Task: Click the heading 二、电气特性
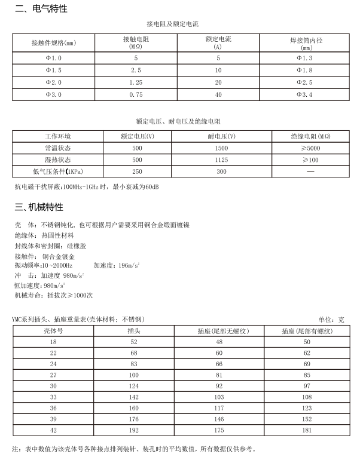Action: (x=41, y=10)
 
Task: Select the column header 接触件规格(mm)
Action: (x=54, y=43)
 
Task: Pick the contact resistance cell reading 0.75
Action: (x=135, y=94)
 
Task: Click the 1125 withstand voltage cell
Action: (x=221, y=160)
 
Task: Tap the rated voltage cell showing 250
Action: (x=138, y=171)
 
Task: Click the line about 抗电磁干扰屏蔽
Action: (x=87, y=186)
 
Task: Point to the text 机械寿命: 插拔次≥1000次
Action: (x=53, y=295)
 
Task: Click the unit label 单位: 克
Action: (x=331, y=320)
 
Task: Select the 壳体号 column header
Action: (x=53, y=330)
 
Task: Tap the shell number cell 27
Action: (x=53, y=375)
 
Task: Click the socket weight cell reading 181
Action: (x=307, y=431)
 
